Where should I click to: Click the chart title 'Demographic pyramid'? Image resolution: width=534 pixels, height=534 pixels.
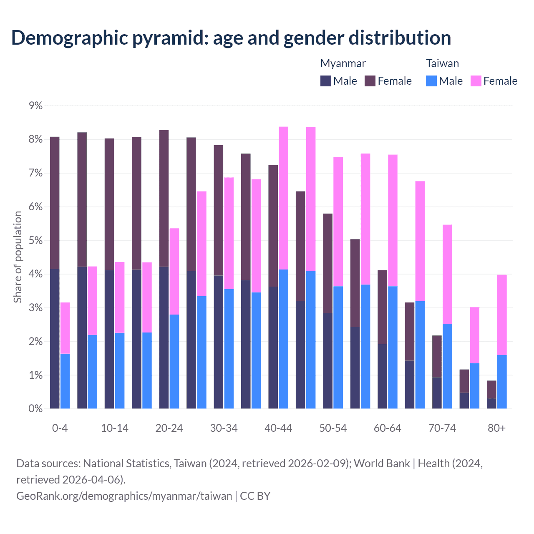tap(231, 38)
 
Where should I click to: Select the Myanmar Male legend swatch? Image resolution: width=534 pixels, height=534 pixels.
tap(326, 81)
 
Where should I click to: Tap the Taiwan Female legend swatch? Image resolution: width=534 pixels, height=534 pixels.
tap(476, 81)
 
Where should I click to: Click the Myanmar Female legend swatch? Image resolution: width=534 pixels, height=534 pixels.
tap(370, 81)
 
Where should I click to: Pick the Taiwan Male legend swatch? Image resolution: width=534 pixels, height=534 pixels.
tap(431, 81)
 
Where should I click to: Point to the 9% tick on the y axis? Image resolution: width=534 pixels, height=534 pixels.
tap(36, 106)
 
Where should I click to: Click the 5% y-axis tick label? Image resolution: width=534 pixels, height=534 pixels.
tap(36, 241)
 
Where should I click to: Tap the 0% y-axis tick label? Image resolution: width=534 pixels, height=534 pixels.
tap(36, 409)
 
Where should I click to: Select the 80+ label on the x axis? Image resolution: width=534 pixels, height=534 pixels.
tap(496, 428)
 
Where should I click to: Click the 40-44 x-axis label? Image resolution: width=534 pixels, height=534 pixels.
tap(278, 428)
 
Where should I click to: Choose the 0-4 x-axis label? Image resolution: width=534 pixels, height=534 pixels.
tap(60, 428)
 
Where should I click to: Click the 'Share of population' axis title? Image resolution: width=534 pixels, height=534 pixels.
tap(18, 257)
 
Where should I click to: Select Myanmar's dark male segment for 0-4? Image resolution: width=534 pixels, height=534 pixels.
tap(55, 339)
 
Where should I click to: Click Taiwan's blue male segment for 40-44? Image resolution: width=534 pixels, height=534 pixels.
tap(284, 339)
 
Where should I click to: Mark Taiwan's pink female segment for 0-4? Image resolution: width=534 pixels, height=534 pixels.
tap(65, 328)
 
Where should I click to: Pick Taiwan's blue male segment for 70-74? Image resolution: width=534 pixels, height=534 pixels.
tap(447, 366)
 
